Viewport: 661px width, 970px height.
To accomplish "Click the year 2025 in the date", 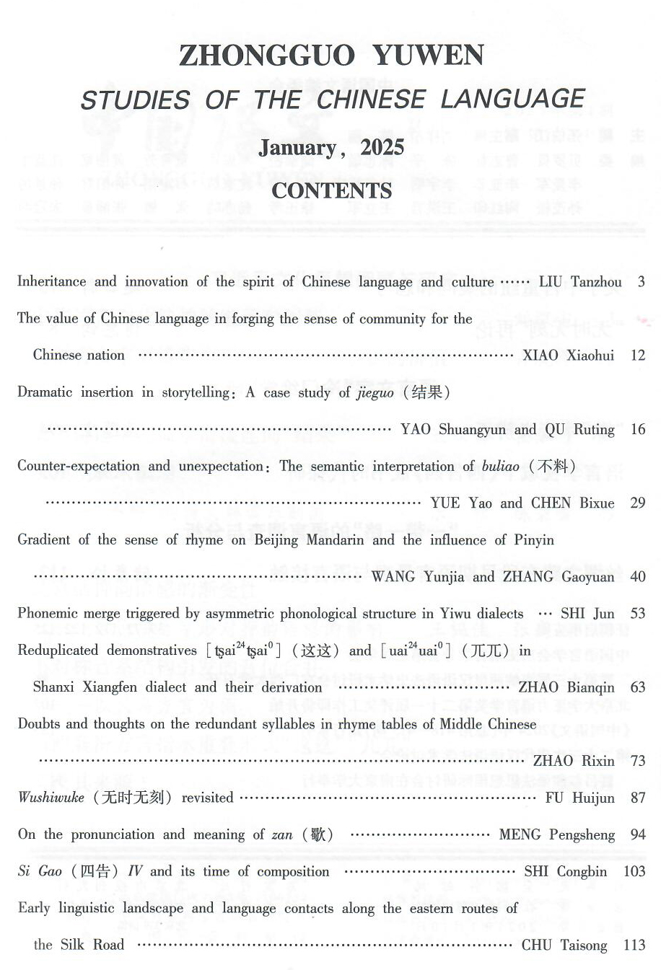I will tap(382, 148).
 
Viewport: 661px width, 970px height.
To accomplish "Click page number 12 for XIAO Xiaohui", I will tap(637, 355).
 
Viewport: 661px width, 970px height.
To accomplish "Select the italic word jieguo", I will tap(375, 392).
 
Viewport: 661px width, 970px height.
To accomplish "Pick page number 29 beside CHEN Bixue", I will tap(637, 503).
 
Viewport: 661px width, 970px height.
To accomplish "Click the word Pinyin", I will tap(534, 539).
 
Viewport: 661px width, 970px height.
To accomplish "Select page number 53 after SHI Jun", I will tap(637, 613).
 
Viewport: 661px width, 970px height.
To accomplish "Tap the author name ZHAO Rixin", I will tap(574, 760).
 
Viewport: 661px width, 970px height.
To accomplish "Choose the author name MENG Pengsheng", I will tap(557, 834).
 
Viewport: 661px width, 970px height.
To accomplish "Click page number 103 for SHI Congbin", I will tap(634, 871).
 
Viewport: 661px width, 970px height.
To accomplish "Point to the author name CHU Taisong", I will tap(564, 945).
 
